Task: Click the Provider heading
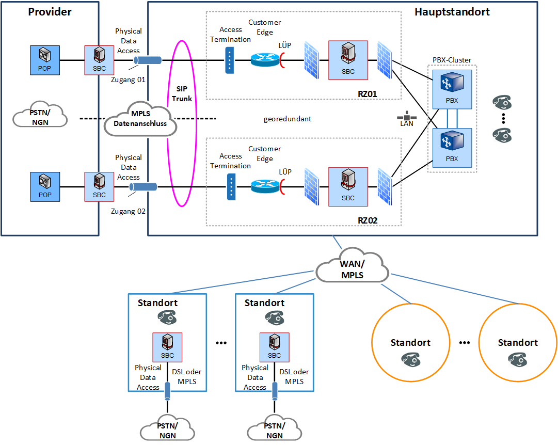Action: tap(50, 11)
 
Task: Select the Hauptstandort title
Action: tap(452, 11)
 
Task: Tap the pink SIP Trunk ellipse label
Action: tap(182, 93)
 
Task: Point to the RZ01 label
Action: tap(368, 93)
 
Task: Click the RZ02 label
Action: tap(368, 220)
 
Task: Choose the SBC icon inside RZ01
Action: tap(348, 60)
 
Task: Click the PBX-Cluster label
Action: tap(452, 60)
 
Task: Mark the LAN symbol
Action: tap(407, 118)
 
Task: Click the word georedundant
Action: tap(288, 119)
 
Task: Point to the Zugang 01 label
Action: tap(129, 80)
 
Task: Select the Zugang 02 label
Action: tap(129, 211)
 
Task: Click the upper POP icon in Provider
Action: tap(45, 60)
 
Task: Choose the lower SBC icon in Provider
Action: tap(99, 186)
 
